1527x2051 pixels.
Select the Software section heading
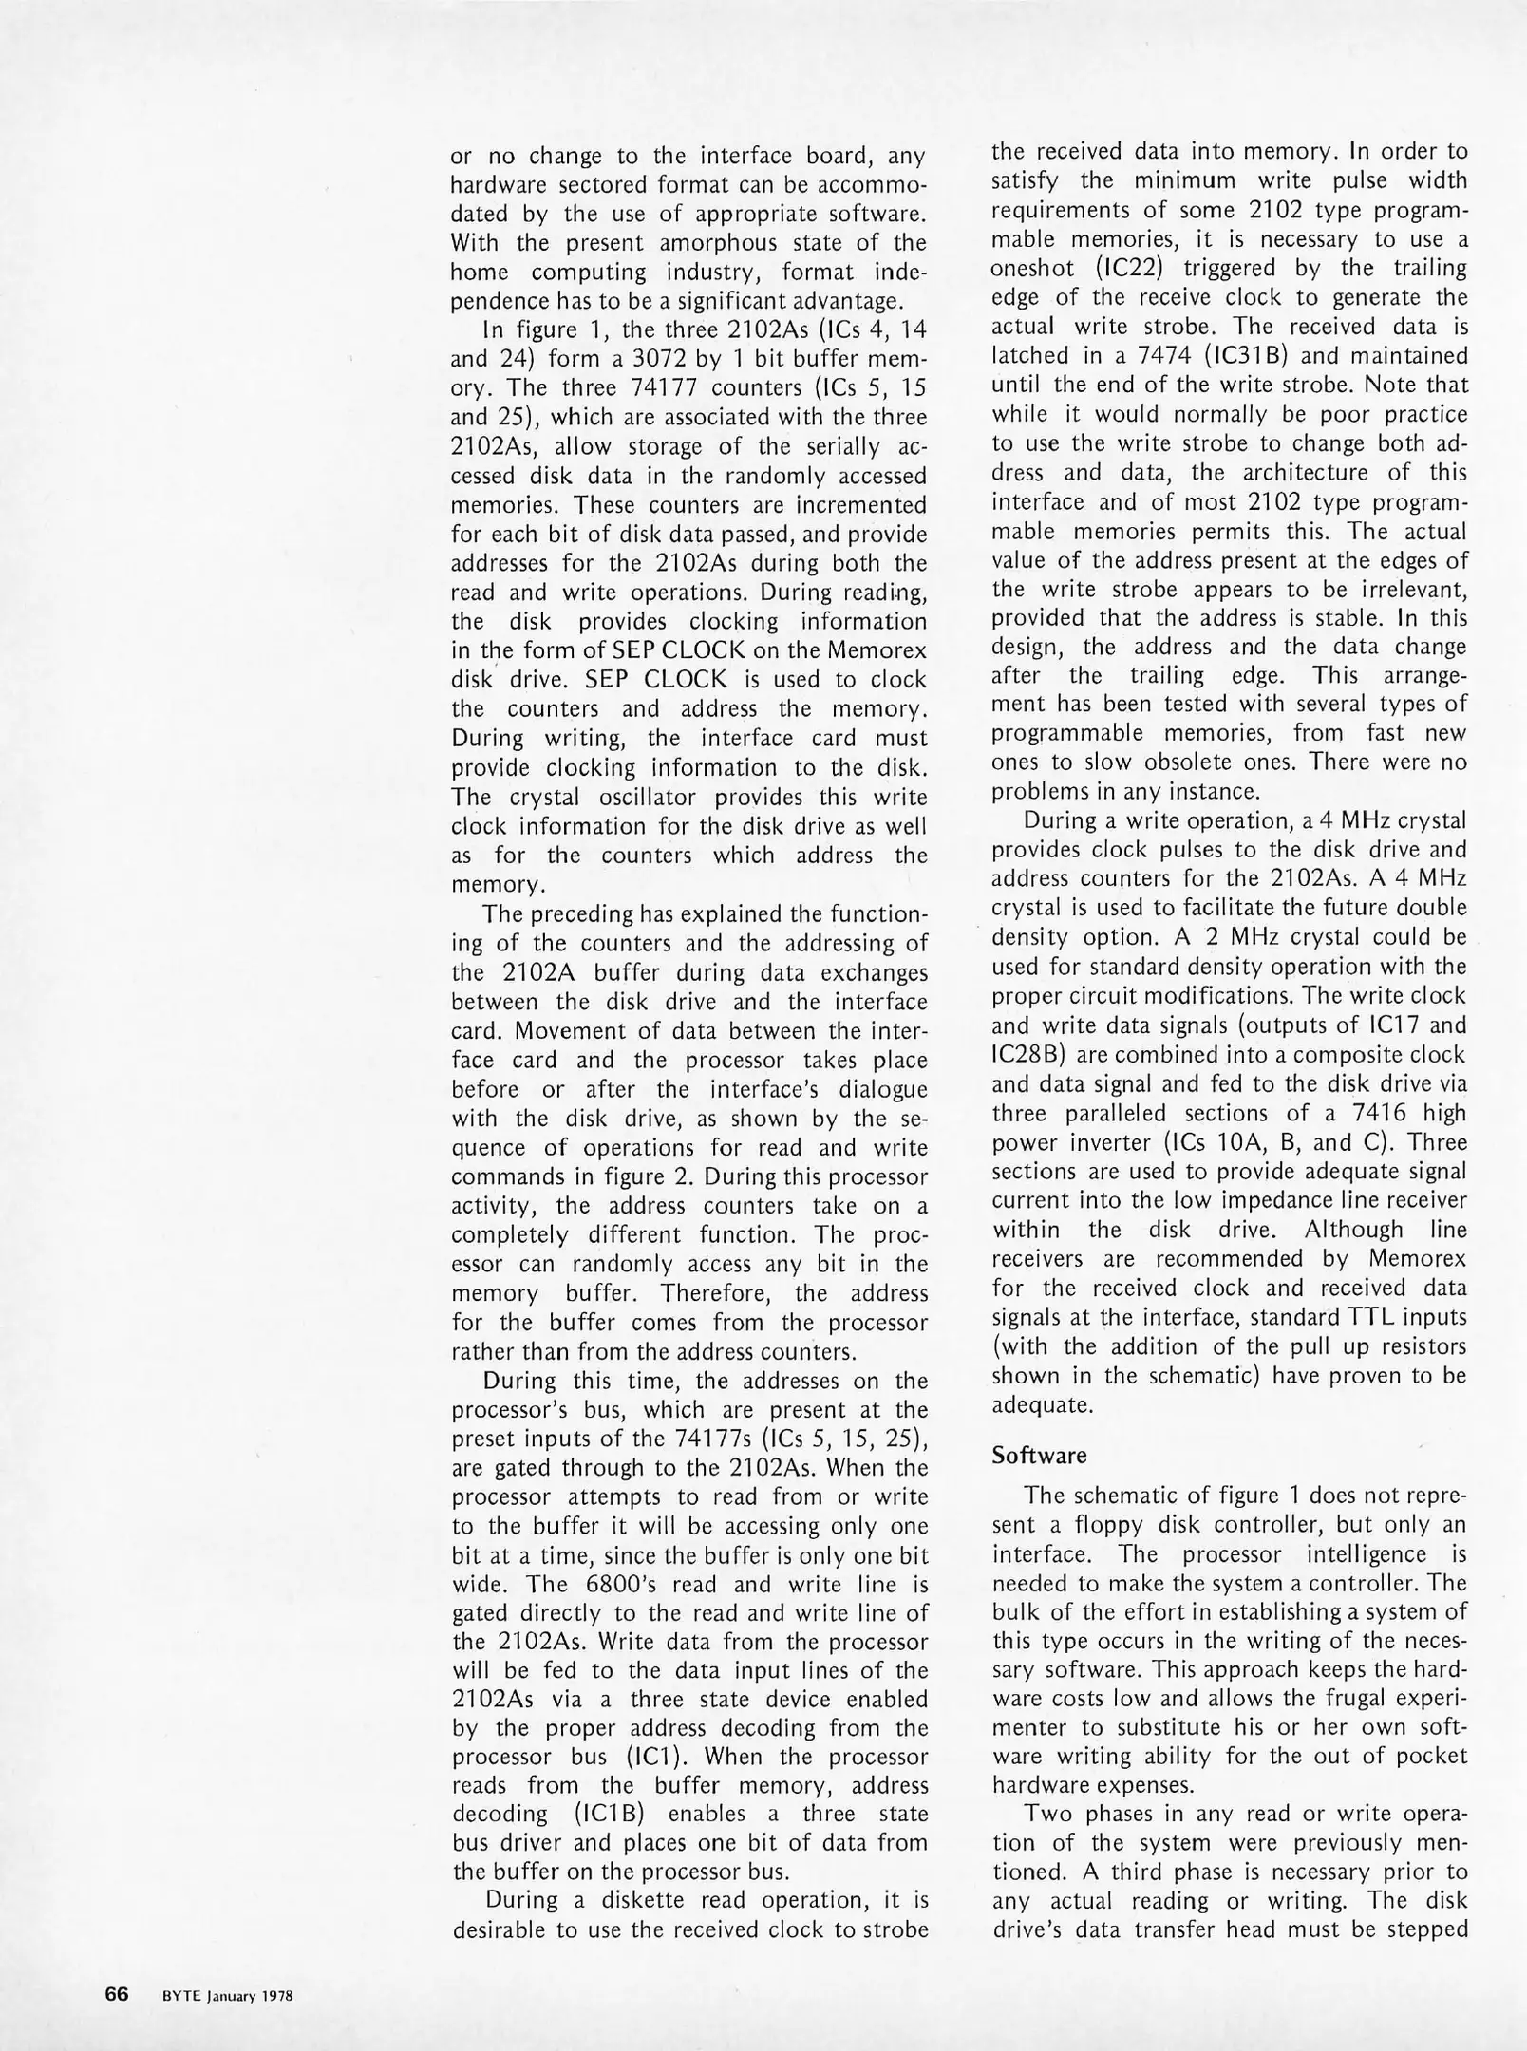coord(1039,1454)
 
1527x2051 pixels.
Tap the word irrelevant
coord(1404,590)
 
